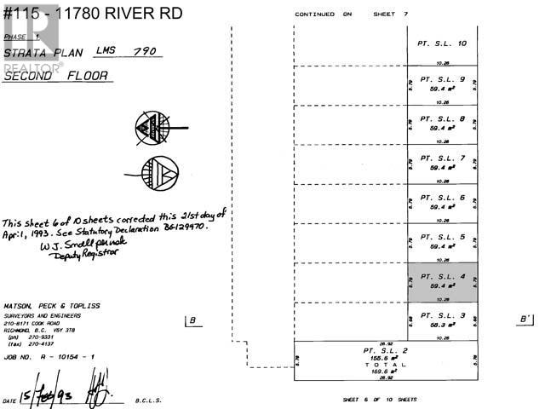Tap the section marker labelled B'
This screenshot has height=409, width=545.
pos(525,320)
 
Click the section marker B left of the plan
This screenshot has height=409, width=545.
pos(192,320)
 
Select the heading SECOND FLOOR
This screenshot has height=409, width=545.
pos(56,76)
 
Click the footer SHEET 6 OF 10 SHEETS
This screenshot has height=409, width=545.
pos(380,399)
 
